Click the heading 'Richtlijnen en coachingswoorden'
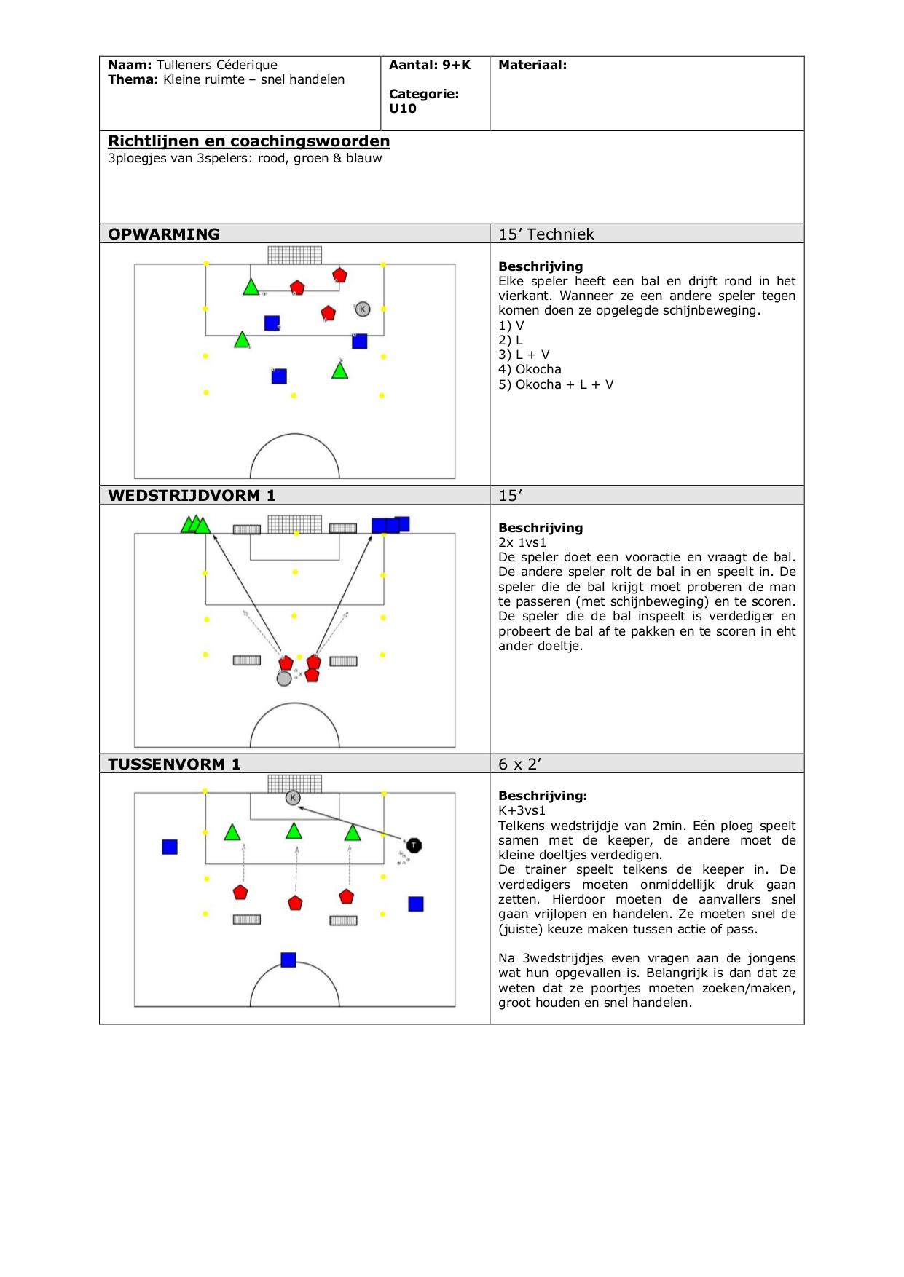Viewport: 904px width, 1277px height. [248, 141]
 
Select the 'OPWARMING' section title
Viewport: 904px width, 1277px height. [164, 234]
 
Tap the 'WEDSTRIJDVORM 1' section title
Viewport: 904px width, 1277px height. [192, 495]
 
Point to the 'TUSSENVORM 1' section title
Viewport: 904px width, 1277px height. [174, 764]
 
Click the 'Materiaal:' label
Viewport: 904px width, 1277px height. [532, 65]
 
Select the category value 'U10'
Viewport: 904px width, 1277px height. [403, 108]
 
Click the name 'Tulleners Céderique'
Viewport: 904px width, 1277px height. [217, 65]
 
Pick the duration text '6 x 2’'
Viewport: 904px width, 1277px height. [520, 764]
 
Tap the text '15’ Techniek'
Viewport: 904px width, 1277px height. [546, 234]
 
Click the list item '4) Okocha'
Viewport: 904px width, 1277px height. [530, 369]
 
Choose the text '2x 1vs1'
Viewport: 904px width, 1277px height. [522, 542]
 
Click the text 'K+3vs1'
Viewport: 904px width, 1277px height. [522, 810]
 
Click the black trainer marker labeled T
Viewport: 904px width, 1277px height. [414, 845]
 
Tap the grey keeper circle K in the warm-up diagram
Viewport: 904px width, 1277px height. [363, 309]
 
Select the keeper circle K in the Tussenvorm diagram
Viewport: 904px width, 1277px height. [293, 798]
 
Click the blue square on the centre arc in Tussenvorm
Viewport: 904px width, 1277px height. [288, 960]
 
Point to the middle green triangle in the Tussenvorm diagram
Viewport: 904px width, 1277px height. [294, 831]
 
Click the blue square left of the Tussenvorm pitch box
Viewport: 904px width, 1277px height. [170, 847]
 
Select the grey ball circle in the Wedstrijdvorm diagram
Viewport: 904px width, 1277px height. [284, 679]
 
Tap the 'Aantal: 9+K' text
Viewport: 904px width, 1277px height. [430, 65]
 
